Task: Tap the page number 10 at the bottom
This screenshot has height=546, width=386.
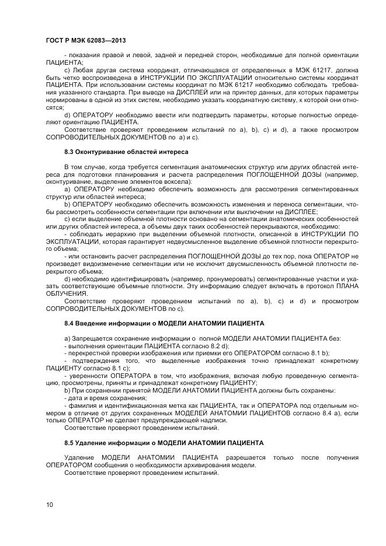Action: point(49,505)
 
